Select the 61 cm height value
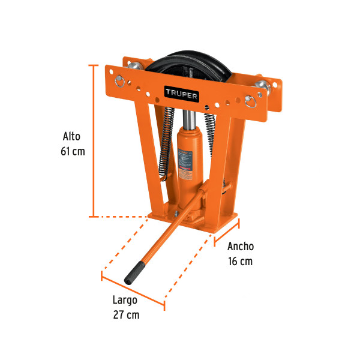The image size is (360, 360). tap(72, 151)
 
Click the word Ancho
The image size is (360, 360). tap(240, 246)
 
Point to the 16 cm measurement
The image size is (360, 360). tap(240, 261)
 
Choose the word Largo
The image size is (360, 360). tap(125, 299)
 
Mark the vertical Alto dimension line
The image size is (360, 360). tap(93, 141)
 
